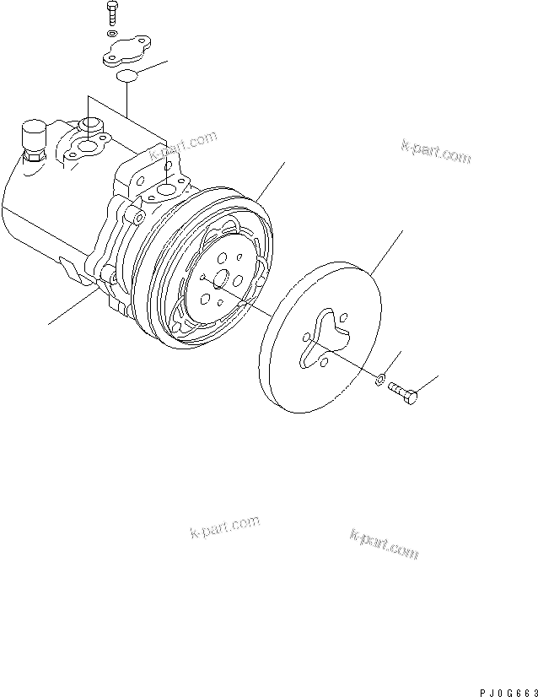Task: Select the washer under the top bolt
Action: point(113,33)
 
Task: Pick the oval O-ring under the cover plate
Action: point(127,78)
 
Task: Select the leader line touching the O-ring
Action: point(154,69)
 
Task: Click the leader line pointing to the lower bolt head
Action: point(429,383)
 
